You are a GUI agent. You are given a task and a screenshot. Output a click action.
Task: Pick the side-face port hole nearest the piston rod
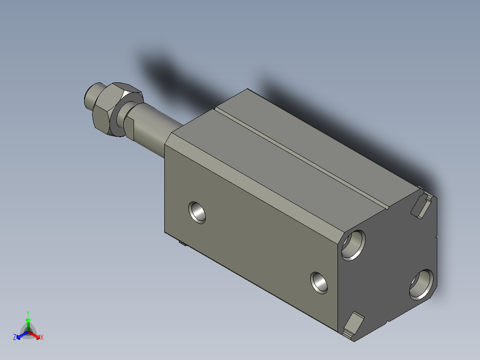click(197, 213)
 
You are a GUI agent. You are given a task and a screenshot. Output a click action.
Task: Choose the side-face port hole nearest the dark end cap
click(319, 282)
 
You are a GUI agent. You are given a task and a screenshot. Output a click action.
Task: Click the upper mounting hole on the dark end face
click(353, 245)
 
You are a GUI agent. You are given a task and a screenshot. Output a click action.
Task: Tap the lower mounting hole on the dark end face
click(422, 284)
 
